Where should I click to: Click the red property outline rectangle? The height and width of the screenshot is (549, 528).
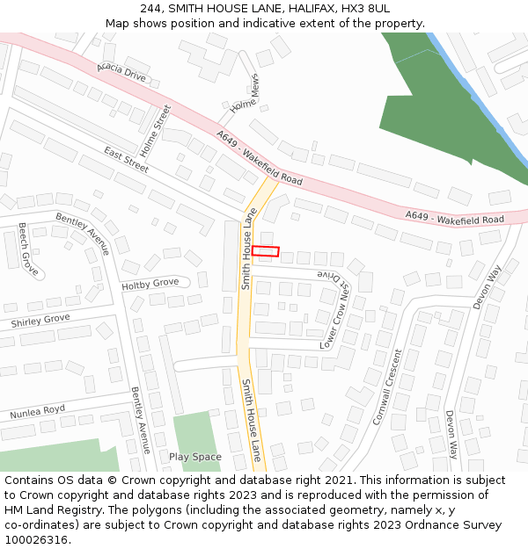pyautogui.click(x=266, y=251)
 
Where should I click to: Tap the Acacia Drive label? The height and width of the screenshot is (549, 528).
pyautogui.click(x=122, y=71)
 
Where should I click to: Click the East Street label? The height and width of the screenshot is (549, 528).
pyautogui.click(x=127, y=158)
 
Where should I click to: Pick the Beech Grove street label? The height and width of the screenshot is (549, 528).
pyautogui.click(x=29, y=249)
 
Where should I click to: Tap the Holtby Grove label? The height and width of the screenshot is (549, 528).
pyautogui.click(x=150, y=284)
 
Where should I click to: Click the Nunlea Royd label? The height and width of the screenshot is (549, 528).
pyautogui.click(x=38, y=412)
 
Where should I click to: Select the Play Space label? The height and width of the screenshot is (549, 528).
pyautogui.click(x=195, y=457)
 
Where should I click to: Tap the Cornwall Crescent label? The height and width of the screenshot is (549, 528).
pyautogui.click(x=386, y=386)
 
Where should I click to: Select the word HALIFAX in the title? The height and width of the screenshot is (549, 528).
pyautogui.click(x=299, y=8)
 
